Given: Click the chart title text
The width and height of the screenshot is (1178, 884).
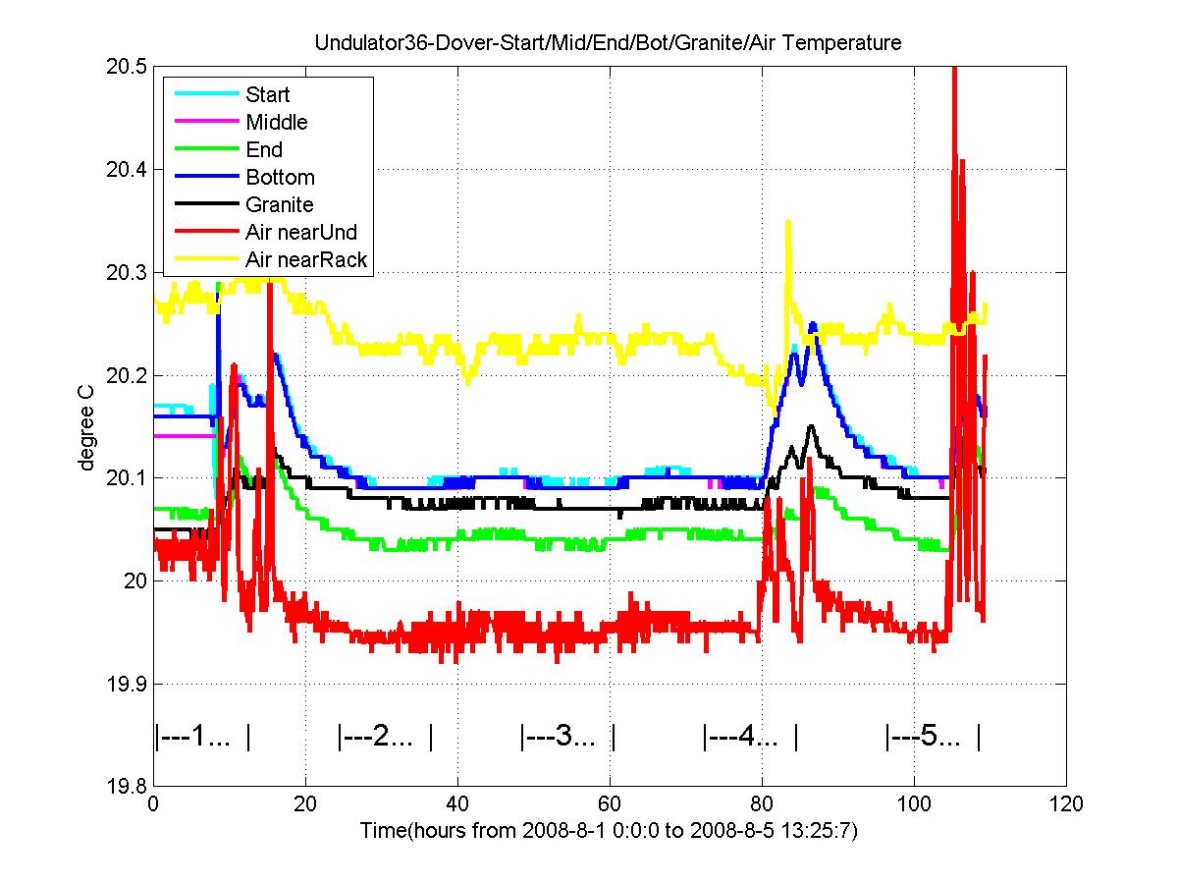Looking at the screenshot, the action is click(608, 42).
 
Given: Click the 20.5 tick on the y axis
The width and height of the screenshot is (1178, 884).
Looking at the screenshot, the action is click(126, 67).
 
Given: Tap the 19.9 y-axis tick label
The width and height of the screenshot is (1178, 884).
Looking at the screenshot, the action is click(126, 684).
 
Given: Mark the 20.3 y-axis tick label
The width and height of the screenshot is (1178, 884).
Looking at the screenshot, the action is click(126, 273).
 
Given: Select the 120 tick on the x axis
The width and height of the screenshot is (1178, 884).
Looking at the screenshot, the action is click(1065, 804).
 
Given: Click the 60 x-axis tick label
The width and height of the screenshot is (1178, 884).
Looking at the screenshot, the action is click(610, 804).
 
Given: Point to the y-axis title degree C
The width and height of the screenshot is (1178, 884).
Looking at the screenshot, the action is click(85, 428).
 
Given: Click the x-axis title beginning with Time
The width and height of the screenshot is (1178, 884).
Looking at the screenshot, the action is click(609, 830).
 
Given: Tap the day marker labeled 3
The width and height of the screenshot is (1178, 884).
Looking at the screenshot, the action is click(567, 737).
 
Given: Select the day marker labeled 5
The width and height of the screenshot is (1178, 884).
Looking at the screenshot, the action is click(933, 737).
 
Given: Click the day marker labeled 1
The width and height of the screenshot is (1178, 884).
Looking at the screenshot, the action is click(202, 737).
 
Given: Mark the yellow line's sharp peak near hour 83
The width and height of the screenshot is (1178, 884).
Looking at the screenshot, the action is click(788, 221).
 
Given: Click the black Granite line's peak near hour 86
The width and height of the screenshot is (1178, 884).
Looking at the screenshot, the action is click(811, 426).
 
